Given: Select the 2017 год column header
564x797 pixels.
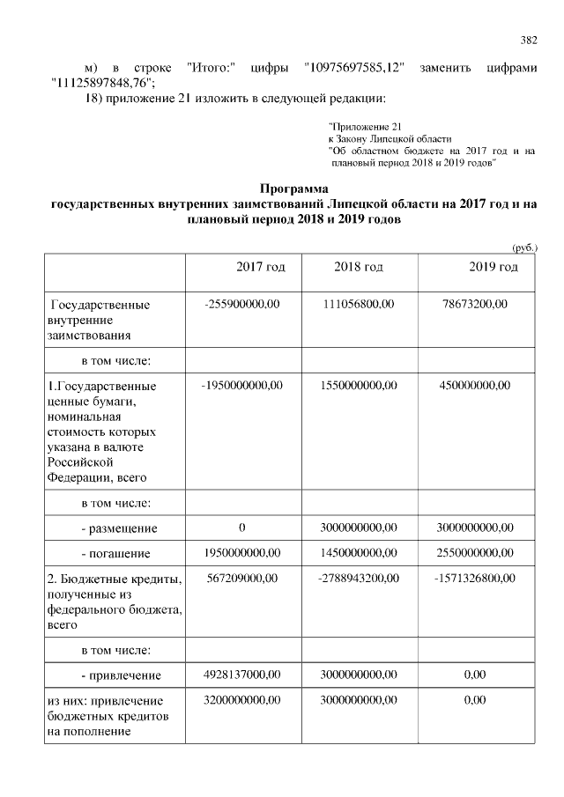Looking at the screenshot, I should coord(261,267).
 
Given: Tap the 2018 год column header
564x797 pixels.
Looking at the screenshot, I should coord(359,267).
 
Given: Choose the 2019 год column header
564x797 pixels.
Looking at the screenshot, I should coord(493,267).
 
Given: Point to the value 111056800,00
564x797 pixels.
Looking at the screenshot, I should coord(358,304).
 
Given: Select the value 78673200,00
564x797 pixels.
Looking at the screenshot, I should coord(475,304).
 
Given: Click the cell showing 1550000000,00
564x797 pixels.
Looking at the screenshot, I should coord(359,385).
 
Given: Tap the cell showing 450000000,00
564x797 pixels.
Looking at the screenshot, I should coord(475,385).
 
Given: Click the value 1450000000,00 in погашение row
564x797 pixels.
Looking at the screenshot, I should coord(359,553).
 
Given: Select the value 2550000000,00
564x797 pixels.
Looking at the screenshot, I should coord(475,553).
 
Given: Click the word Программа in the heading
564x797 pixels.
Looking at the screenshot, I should coord(293,188).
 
